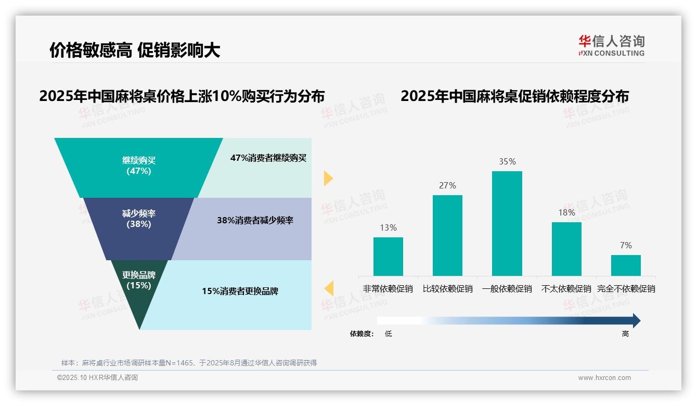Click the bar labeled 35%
507,223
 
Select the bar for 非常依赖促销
388,257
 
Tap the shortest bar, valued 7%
626,265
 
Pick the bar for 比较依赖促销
447,235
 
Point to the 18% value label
566,212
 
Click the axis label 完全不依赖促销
626,289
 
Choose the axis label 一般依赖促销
507,289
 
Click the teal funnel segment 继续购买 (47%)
138,166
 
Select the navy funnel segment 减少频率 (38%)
138,219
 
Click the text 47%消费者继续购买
268,158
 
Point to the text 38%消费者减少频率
255,220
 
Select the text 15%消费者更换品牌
240,291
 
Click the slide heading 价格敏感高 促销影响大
135,50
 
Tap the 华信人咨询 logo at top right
611,45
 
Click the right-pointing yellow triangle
328,178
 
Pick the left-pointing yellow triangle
329,288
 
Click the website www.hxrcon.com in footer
604,378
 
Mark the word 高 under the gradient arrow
625,334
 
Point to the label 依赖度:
362,334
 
